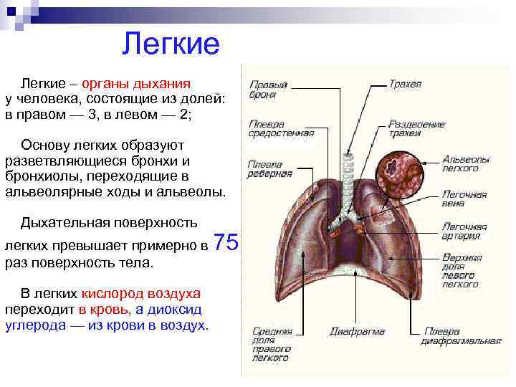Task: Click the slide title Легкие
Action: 170,44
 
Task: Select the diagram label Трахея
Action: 405,85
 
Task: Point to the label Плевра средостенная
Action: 281,128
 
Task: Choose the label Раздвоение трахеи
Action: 416,128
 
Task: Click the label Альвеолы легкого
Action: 465,163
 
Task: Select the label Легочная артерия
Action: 464,231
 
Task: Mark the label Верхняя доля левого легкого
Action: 462,269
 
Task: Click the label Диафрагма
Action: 357,333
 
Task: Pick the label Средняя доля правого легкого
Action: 272,345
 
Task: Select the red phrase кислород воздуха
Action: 140,295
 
